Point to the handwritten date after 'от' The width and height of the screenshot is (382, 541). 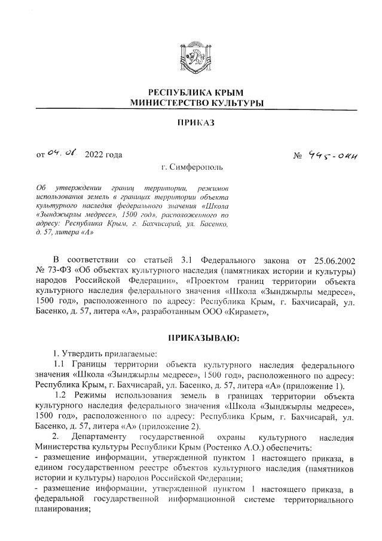(x=63, y=154)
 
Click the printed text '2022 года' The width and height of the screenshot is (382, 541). (x=104, y=155)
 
